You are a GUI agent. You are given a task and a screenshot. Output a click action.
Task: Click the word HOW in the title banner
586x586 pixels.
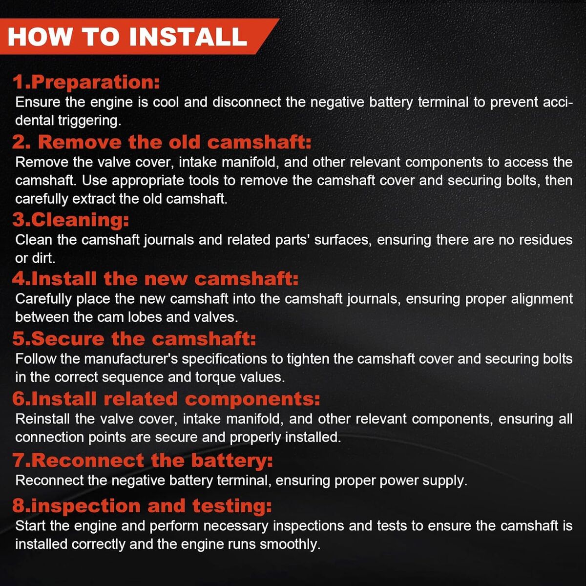(39, 37)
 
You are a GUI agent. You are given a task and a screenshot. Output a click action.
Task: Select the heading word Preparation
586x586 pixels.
(95, 83)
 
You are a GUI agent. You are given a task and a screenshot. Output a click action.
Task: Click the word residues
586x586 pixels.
(545, 240)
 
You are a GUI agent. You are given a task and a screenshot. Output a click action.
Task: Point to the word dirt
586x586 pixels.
(43, 258)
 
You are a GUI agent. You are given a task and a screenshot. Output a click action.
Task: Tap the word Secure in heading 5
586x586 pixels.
(67, 339)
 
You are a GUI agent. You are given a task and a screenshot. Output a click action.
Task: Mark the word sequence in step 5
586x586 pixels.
(133, 377)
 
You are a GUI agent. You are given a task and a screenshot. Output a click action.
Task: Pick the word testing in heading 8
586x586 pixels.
(232, 506)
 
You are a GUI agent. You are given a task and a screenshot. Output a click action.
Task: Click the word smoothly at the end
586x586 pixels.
(290, 544)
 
